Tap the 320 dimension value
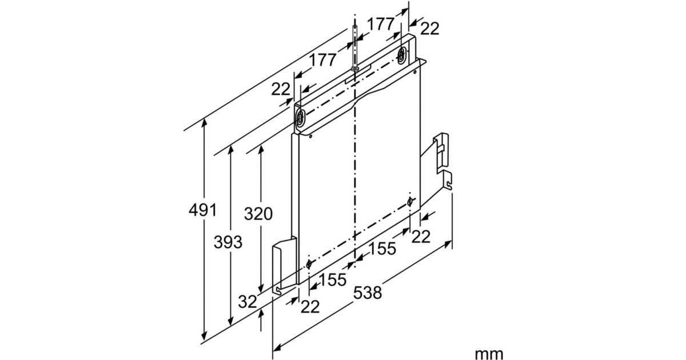258,214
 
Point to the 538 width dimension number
367,293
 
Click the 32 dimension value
248,302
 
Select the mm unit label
489,354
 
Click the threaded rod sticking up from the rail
355,46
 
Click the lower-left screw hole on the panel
309,263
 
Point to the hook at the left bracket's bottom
278,291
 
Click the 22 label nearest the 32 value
310,307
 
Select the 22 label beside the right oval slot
430,29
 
